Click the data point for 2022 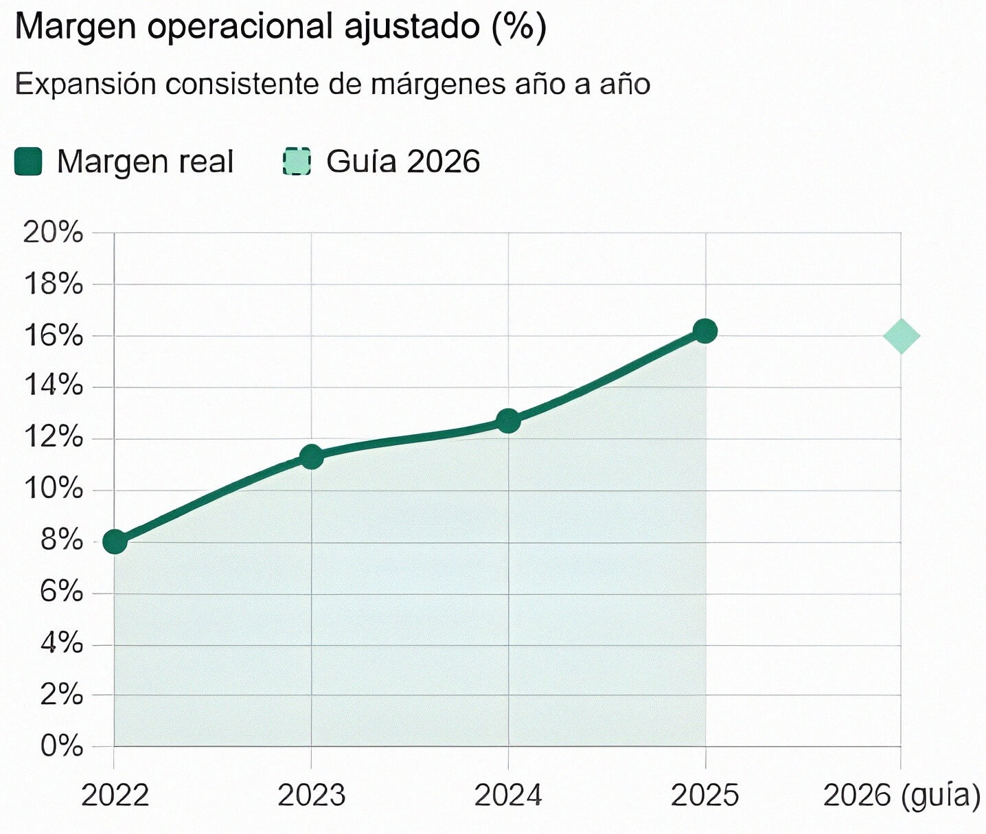[x=115, y=542]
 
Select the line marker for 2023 [x=312, y=457]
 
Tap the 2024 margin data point [x=508, y=420]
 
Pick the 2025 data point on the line [x=705, y=331]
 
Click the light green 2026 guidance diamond [x=902, y=336]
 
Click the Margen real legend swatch [x=28, y=162]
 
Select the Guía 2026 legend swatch [x=297, y=162]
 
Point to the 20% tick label [x=53, y=232]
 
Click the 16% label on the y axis [x=53, y=336]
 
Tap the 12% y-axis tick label [x=53, y=437]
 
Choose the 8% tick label [x=61, y=541]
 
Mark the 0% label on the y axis [x=61, y=746]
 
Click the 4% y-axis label [x=61, y=644]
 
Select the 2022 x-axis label [x=115, y=796]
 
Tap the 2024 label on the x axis [x=508, y=796]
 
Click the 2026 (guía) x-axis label [x=902, y=796]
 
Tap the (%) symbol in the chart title [x=519, y=27]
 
